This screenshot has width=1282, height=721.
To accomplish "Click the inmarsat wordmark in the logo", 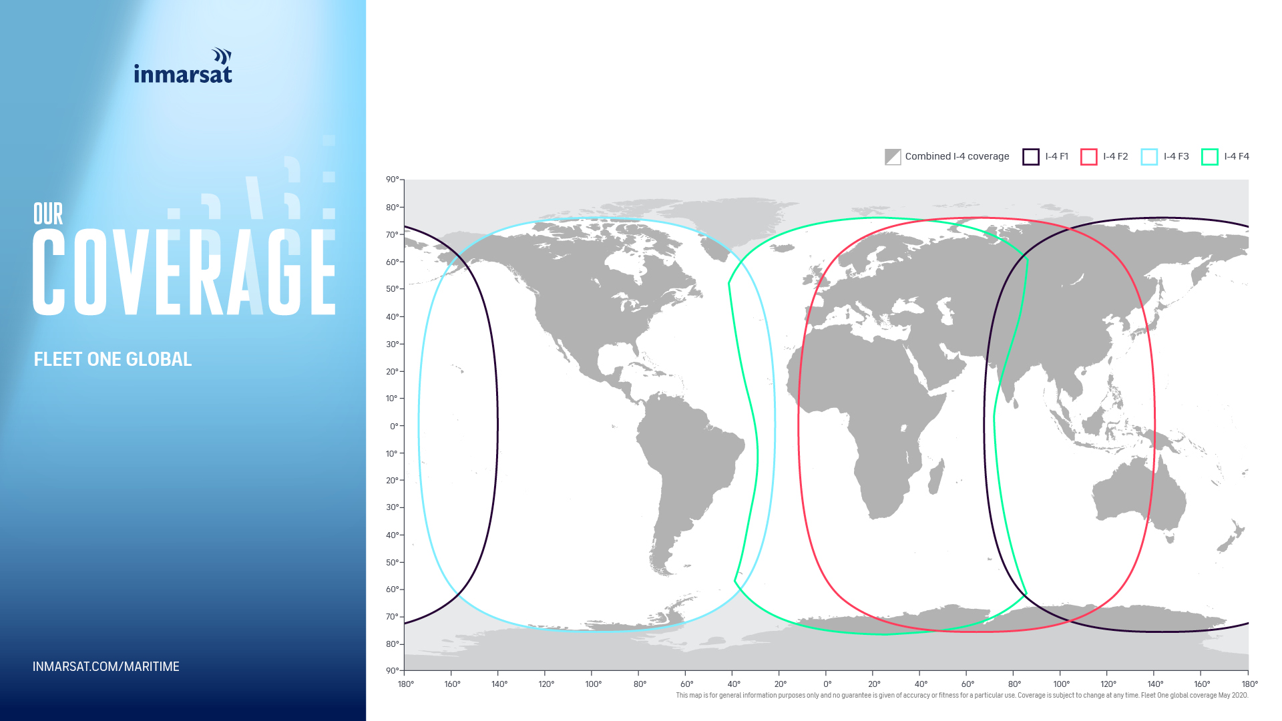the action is (183, 73).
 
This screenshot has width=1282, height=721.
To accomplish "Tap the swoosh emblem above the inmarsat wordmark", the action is (222, 55).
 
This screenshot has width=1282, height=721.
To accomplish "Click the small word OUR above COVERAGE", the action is (48, 214).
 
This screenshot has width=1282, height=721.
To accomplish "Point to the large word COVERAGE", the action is (184, 272).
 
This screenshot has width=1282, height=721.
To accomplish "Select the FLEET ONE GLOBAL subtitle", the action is (113, 359).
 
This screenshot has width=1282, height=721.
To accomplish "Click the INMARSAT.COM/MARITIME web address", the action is (106, 666).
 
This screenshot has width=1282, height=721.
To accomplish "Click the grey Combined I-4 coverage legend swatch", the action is (893, 157).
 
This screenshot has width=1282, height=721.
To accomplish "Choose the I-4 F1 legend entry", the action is (1046, 157).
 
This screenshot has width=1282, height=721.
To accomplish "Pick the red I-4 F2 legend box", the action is (1089, 157).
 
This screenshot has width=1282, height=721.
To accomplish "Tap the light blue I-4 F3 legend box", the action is (1149, 157).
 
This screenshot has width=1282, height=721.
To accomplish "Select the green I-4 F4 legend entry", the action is (1225, 157).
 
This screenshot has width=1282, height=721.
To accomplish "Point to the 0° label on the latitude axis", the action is (394, 426).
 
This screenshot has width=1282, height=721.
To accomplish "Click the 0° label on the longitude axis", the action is (827, 684).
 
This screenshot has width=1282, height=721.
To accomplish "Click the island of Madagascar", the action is (936, 476).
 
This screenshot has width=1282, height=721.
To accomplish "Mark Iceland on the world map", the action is (782, 248).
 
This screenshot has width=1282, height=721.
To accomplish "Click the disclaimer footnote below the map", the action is (962, 696).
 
